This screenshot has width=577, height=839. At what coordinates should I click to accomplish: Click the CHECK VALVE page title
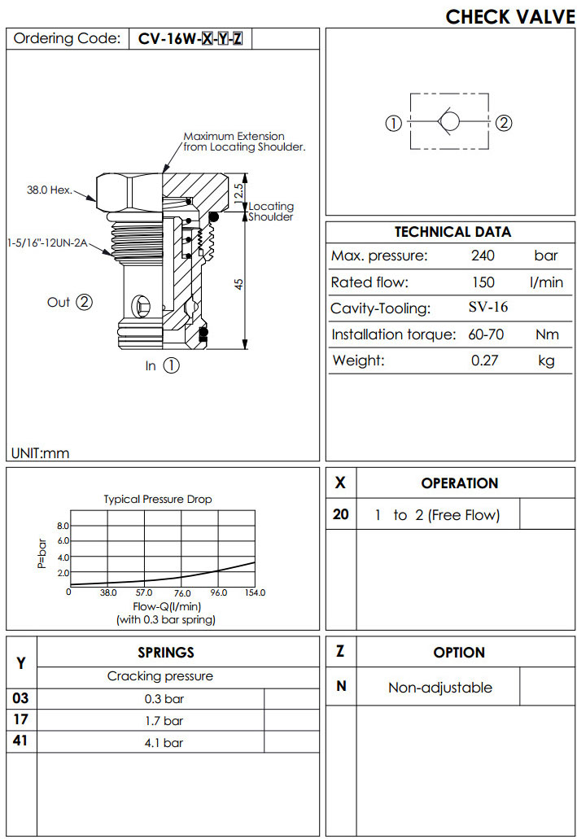click(x=509, y=16)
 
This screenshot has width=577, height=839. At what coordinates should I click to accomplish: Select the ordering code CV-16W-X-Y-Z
click(x=190, y=38)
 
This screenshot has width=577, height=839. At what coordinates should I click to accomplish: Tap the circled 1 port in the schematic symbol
click(x=393, y=124)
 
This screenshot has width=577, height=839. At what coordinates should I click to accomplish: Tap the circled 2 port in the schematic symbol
click(x=504, y=124)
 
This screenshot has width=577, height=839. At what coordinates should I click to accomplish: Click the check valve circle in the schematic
click(x=449, y=124)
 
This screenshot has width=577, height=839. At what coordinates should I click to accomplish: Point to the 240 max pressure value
click(x=483, y=256)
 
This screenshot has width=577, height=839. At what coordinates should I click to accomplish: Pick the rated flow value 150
click(x=483, y=282)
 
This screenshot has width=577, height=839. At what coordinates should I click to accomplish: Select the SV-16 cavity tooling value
click(x=488, y=308)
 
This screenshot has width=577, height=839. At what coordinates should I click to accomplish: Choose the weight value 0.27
click(x=483, y=361)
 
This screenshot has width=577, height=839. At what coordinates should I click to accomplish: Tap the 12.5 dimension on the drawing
click(x=238, y=192)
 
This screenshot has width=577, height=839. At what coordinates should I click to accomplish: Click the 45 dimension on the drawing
click(x=239, y=284)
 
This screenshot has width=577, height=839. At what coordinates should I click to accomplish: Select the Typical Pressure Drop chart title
click(x=157, y=499)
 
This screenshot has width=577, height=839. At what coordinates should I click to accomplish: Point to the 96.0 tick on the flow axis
click(x=219, y=593)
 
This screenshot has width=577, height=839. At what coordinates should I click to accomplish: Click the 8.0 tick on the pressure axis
click(x=63, y=526)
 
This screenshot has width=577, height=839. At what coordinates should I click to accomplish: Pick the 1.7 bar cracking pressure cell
click(x=163, y=720)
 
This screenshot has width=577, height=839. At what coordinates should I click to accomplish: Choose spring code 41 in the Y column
click(x=20, y=741)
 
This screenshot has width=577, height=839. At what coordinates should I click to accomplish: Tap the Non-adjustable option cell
click(x=439, y=688)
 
